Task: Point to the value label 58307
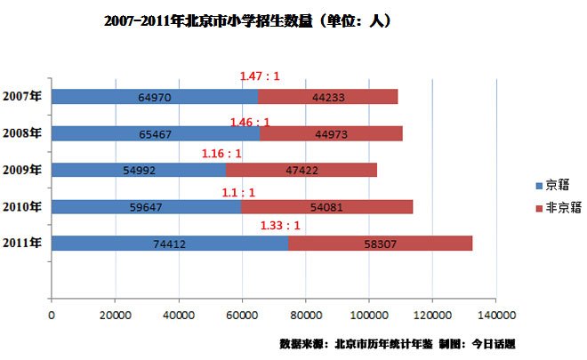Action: (x=380, y=243)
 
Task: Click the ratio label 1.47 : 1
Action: (x=260, y=76)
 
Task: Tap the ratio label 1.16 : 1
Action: (x=221, y=153)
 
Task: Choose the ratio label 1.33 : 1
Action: (x=279, y=226)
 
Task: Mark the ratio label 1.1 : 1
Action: (x=238, y=190)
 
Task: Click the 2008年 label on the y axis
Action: (x=21, y=133)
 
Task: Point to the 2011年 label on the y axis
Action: (x=21, y=243)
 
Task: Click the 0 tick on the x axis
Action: (x=52, y=316)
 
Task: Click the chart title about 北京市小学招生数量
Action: (x=247, y=20)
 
